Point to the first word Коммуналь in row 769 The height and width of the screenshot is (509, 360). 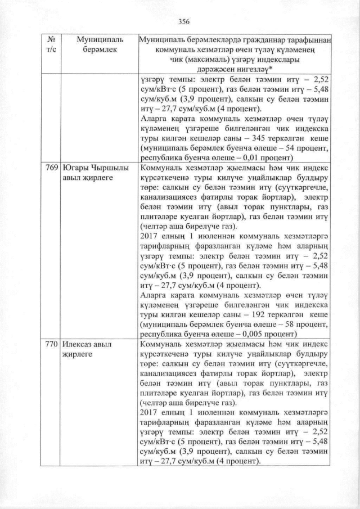coord(160,168)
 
